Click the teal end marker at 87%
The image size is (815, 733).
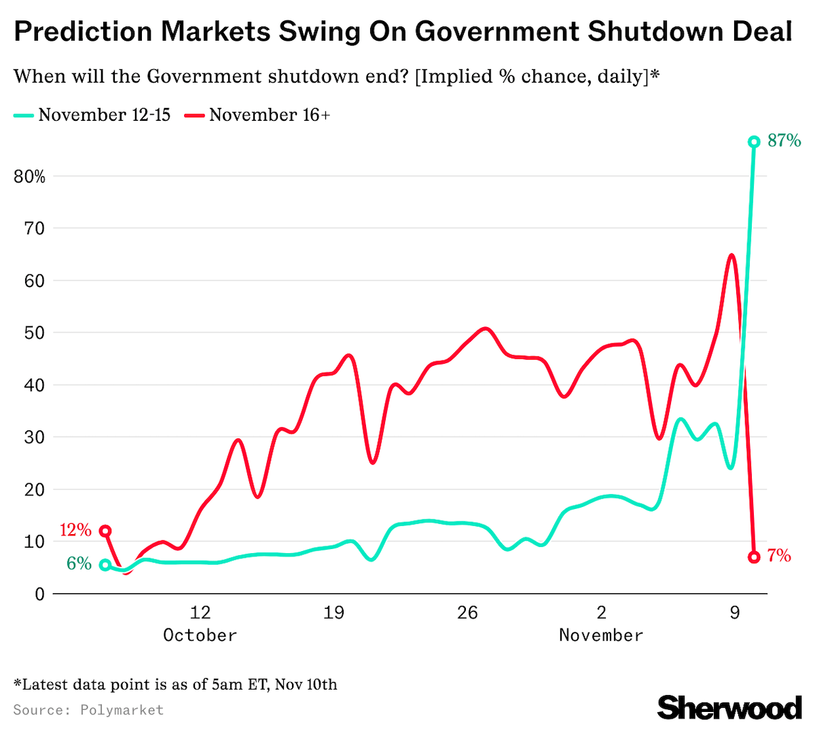753,142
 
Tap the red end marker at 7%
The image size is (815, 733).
753,557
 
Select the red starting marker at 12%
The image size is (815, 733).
105,531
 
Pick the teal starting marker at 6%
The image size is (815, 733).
105,565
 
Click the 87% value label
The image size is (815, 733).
784,141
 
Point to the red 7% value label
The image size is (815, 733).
779,557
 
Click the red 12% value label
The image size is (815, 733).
75,530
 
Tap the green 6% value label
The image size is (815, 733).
79,563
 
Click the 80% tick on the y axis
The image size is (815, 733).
29,177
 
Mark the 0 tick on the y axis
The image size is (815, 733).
39,595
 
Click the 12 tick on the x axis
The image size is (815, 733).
200,613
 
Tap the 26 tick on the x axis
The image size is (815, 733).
467,613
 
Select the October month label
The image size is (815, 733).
200,636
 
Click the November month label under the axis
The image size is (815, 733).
601,636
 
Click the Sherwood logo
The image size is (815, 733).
729,708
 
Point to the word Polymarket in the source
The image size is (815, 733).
122,710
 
